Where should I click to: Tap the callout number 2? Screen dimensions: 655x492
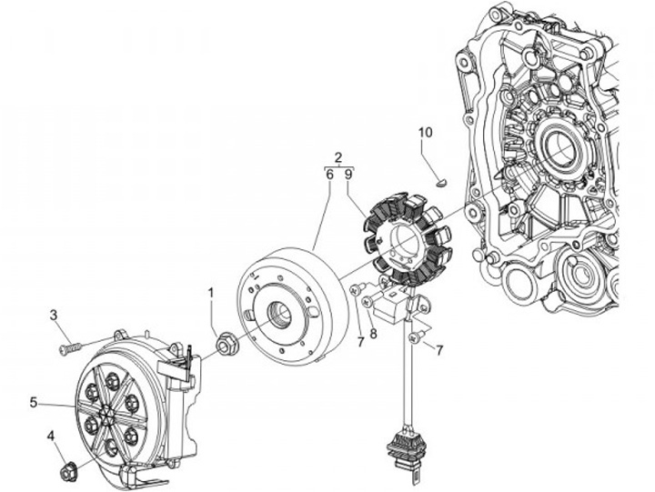pos(338,156)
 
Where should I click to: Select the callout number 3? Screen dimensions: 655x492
pos(54,316)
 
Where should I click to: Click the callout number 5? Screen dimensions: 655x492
pos(34,401)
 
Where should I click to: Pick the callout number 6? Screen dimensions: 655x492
pos(328,173)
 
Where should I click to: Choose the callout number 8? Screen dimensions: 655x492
pos(373,333)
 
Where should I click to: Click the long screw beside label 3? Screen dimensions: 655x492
pos(73,347)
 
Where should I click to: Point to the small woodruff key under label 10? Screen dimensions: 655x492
pos(439,180)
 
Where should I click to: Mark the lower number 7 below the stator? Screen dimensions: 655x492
pos(438,350)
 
